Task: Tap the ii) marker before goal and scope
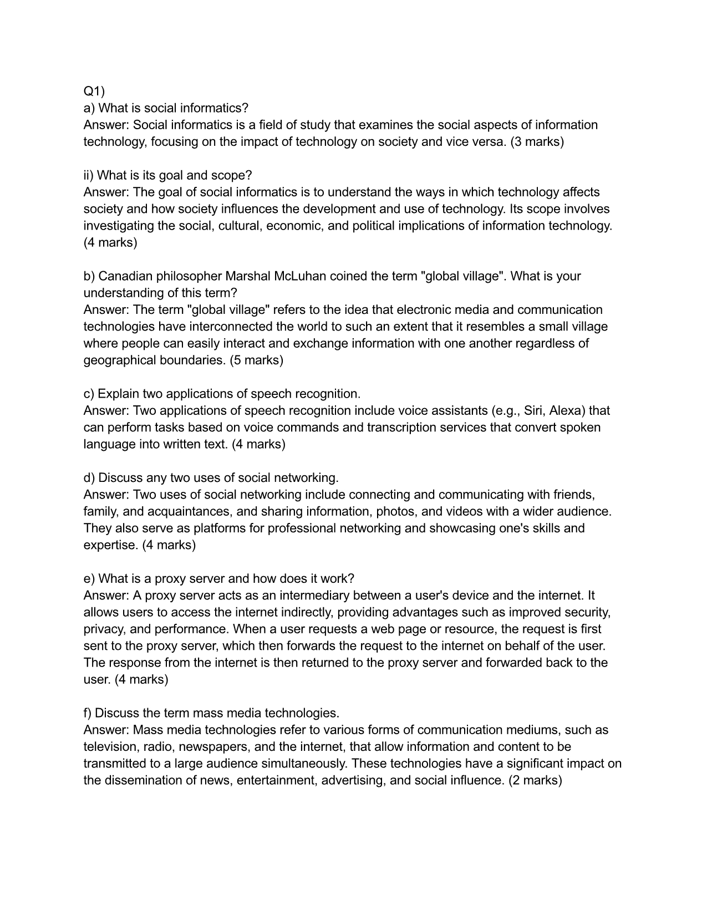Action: click(x=89, y=175)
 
